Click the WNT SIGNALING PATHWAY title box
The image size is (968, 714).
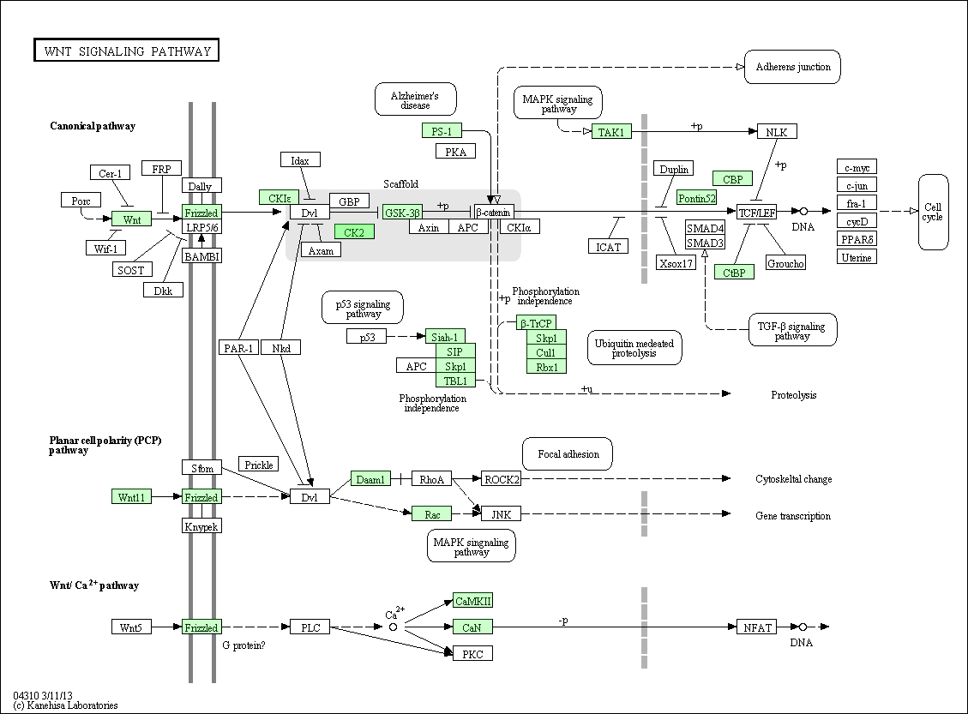coord(127,51)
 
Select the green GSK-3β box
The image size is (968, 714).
coord(402,213)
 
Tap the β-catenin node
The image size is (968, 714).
coord(494,213)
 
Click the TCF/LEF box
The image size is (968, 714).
coord(757,213)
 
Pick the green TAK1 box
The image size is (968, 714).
coord(611,131)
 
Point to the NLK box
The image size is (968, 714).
coord(777,131)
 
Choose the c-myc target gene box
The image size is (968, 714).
coord(857,167)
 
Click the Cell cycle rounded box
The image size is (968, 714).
coord(933,212)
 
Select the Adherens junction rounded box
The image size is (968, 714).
coord(793,67)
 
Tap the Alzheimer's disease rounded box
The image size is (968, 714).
coord(416,99)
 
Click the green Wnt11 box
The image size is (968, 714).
coord(131,497)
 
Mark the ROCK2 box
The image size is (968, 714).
coord(502,479)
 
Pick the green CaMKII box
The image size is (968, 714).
coord(473,601)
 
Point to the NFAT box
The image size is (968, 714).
coord(757,627)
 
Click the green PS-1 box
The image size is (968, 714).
coord(442,131)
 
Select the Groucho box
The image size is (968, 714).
coord(785,263)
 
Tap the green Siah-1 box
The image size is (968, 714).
coord(445,336)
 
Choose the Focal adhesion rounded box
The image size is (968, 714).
coord(568,454)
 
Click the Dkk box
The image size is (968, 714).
coord(163,290)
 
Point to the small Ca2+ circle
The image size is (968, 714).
coord(393,627)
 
